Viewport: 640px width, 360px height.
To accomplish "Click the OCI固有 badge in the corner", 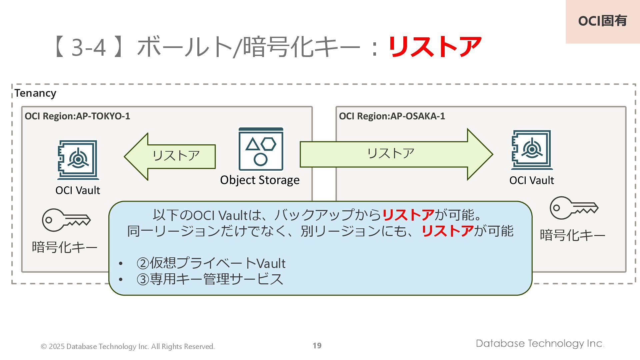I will point(602,21).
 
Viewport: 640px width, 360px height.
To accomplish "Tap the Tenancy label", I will point(35,93).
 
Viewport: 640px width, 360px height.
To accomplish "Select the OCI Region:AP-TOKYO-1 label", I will point(77,116).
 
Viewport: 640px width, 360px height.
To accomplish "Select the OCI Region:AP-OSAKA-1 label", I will point(392,116).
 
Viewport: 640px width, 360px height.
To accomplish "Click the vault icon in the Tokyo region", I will point(78,160).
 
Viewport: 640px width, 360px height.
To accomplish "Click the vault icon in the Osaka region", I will point(532,150).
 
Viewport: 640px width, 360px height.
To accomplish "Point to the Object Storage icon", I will point(261,149).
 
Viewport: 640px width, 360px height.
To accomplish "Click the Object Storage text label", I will point(260,180).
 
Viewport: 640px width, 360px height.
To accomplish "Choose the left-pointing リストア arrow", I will point(170,156).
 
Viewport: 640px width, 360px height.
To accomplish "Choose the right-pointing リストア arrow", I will point(396,154).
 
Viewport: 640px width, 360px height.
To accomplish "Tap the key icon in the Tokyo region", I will point(66,220).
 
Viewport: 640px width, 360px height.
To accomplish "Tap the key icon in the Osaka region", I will point(574,208).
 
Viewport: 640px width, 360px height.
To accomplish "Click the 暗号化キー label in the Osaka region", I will point(572,235).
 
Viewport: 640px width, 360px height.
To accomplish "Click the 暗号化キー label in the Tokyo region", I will point(65,247).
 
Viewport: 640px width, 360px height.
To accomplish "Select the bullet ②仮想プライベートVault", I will point(211,263).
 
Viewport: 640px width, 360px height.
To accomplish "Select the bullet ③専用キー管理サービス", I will point(210,279).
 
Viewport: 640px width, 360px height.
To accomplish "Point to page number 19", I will point(317,346).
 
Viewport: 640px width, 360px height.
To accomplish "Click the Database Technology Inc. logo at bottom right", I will point(540,343).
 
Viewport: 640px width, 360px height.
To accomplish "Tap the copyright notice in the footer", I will point(128,347).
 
